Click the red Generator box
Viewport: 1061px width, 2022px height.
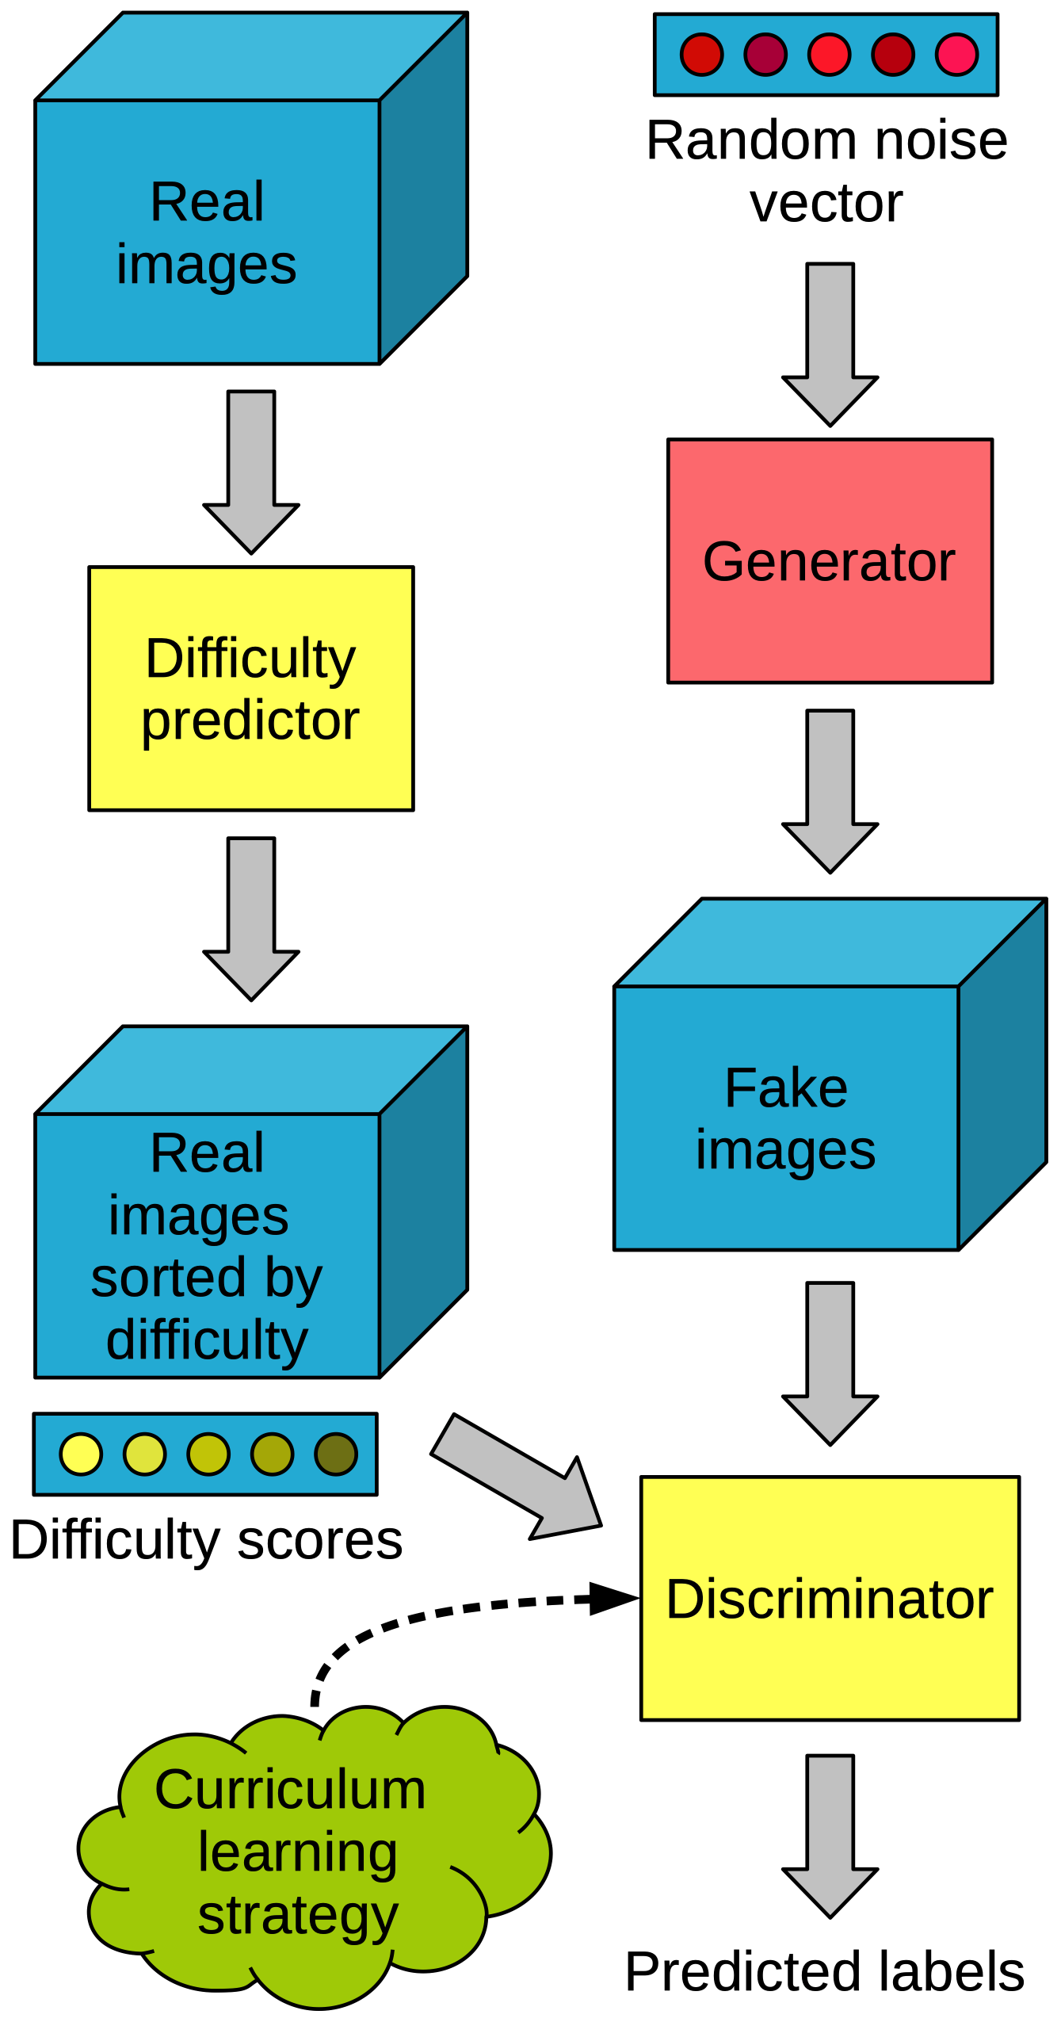point(829,560)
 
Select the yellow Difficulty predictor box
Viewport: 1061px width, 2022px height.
point(250,688)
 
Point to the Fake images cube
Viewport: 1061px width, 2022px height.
point(786,1118)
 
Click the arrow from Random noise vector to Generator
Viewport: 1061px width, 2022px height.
point(829,345)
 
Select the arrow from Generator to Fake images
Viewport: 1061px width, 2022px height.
point(829,791)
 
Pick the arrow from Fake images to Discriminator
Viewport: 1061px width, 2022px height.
point(829,1363)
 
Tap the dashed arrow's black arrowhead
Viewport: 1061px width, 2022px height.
point(612,1598)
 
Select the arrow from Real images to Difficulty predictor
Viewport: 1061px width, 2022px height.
point(250,472)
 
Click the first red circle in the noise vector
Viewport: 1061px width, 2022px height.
point(701,55)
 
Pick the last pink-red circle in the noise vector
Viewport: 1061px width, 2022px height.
point(956,55)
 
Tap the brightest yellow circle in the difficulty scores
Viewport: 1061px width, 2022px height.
point(81,1454)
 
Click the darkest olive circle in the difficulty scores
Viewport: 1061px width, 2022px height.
point(336,1454)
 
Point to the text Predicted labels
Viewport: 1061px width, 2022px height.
point(824,1972)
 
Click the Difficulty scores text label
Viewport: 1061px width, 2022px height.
point(206,1540)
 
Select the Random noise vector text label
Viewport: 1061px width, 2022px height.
point(826,171)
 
